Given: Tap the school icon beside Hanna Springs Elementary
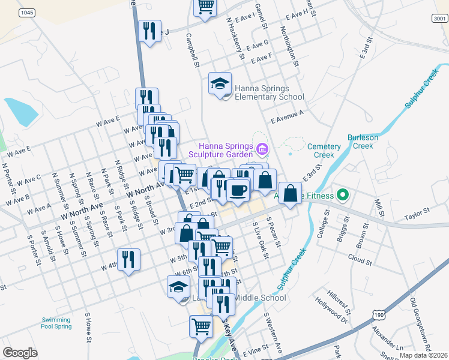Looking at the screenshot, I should point(220,83).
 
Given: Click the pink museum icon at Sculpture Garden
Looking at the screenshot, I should point(262,149).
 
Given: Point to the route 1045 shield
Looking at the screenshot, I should point(26,13).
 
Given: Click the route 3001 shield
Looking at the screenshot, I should point(439,19).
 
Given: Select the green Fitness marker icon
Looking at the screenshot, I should point(342,194).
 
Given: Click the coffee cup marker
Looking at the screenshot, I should point(238,191).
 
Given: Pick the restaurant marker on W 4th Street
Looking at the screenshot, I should point(128,259).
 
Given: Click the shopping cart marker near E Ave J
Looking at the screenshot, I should point(205,7).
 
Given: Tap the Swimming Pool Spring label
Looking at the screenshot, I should point(56,323).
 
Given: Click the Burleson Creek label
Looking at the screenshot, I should point(363,141).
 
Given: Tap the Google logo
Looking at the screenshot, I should point(20,352).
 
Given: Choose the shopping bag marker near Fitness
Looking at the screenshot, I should point(290,193).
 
